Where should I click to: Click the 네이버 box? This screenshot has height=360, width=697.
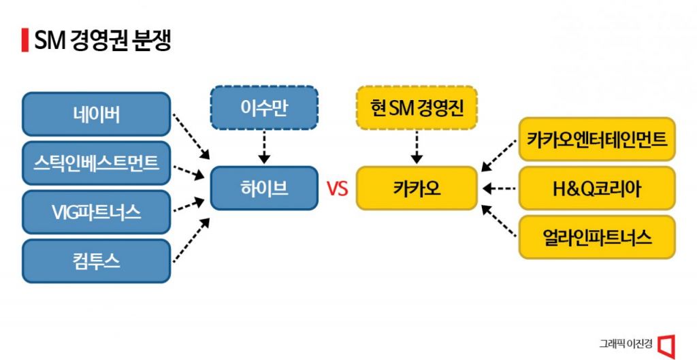pos(96,114)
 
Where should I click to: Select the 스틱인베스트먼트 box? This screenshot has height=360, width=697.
pos(96,163)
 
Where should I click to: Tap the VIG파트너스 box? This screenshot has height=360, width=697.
pos(96,212)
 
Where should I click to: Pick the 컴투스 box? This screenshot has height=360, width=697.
pos(96,261)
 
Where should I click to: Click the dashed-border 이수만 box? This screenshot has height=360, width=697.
pos(263,107)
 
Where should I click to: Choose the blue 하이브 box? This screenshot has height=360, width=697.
pos(263,188)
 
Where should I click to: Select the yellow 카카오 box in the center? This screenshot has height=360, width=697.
pos(417,188)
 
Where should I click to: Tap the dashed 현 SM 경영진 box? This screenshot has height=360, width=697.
pos(417,107)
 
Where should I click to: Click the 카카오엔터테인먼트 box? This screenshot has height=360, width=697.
pos(597,140)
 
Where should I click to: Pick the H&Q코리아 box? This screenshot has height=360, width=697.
pos(597,188)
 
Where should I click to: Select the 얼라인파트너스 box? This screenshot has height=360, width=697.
pos(597,237)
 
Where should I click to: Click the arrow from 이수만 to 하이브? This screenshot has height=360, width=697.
pos(263,146)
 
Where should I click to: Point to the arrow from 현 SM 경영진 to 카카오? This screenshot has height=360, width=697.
pos(417,146)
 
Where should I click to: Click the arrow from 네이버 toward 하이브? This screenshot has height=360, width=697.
pos(189,142)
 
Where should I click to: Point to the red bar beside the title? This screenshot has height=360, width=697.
pos(25,41)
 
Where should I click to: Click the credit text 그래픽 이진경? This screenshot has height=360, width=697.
pos(625,344)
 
